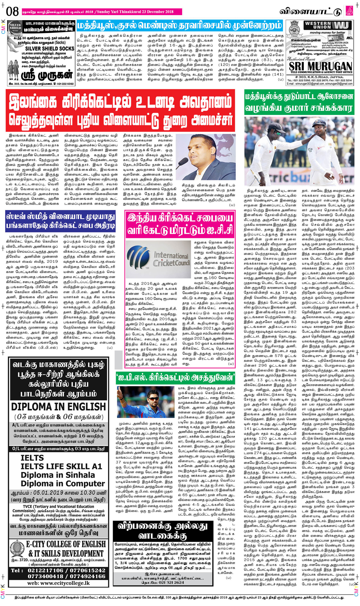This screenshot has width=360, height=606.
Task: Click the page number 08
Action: tap(12, 11)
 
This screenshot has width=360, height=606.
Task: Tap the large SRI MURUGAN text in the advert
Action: tap(320, 67)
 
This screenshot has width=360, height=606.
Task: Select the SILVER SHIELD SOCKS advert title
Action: tap(49, 48)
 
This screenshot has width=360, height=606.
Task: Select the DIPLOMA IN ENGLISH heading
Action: tap(58, 406)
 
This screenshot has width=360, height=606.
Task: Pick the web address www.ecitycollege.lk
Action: tap(58, 583)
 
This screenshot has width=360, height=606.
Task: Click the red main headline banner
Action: tap(120, 111)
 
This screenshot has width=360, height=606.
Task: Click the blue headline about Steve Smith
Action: tap(60, 222)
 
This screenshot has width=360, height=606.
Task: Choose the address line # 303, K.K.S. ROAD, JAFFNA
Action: tap(319, 77)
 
